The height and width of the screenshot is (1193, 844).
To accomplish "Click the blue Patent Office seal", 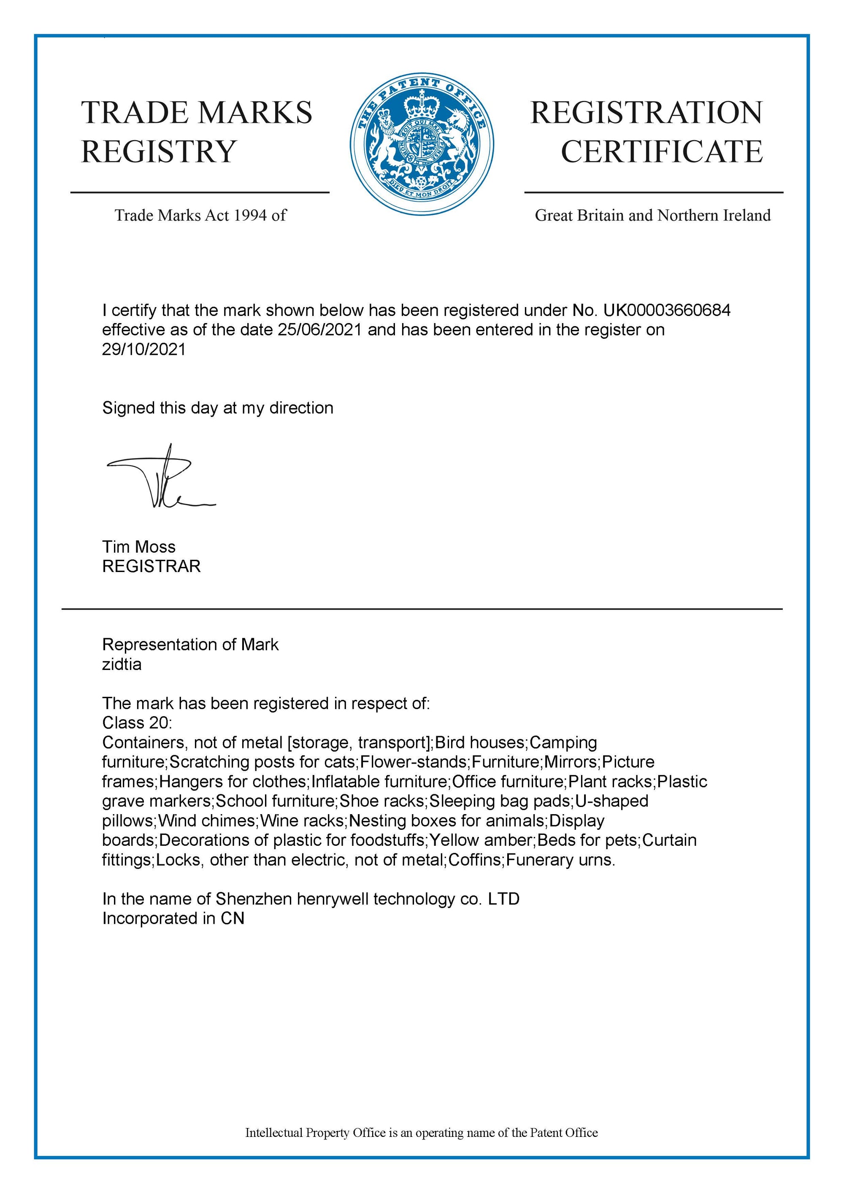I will pos(422,144).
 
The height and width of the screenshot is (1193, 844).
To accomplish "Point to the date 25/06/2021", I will pos(319,330).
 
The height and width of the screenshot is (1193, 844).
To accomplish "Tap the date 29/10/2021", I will pos(143,349).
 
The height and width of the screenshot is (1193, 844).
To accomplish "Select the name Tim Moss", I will pos(139,547).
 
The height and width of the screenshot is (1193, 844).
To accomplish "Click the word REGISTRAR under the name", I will pos(151,567).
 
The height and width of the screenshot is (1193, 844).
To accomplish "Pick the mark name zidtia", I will pos(122,664).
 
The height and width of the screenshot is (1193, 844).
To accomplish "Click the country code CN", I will pos(232,919).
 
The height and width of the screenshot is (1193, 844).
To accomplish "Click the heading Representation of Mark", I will pos(190,645).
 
